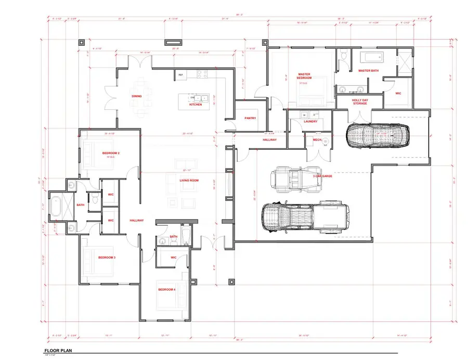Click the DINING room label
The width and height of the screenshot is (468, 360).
[x=137, y=96]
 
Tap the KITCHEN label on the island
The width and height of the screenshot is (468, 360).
[x=195, y=105]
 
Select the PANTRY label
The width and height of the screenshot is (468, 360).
[x=250, y=118]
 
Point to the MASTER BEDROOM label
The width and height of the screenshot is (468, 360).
[x=304, y=76]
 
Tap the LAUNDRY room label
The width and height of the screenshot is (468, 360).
[x=310, y=121]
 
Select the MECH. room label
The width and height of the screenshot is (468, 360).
[x=317, y=139]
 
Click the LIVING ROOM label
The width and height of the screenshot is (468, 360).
[x=190, y=181]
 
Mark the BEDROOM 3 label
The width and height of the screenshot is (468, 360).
[x=107, y=258]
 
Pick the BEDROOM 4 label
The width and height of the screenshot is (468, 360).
[x=166, y=289]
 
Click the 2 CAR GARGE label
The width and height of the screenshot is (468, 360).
[x=322, y=176]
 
